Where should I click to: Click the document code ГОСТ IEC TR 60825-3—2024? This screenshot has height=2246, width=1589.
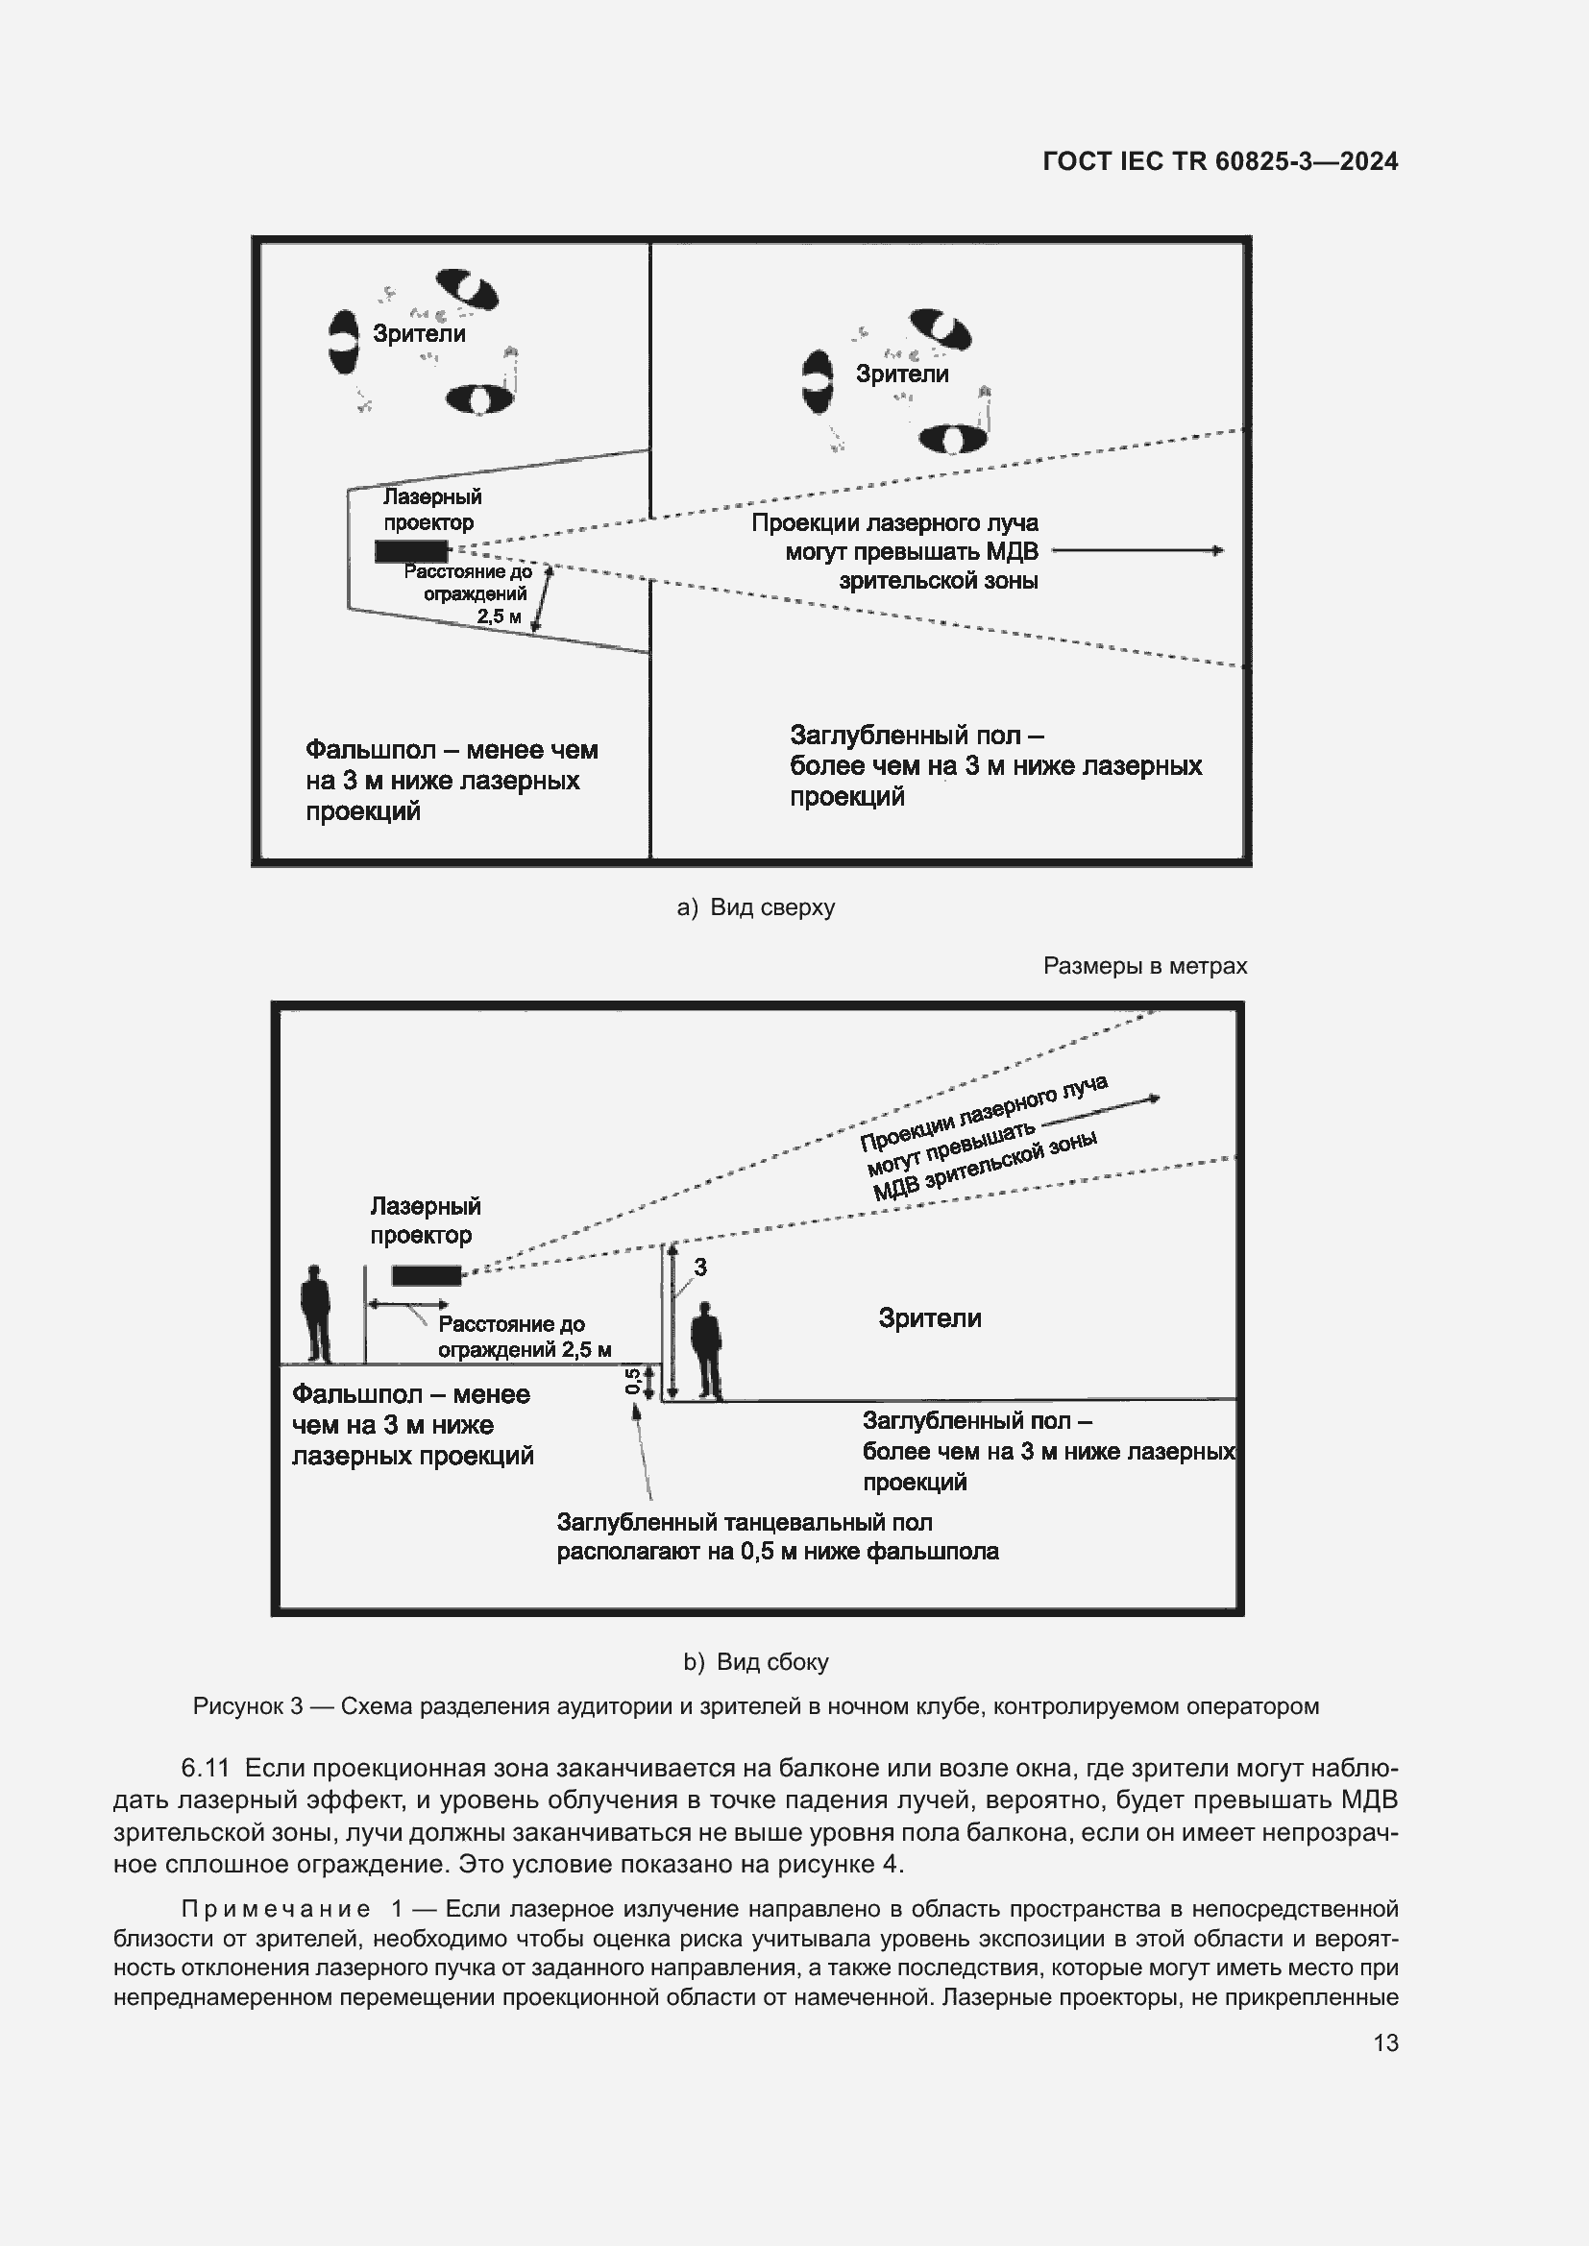[1220, 161]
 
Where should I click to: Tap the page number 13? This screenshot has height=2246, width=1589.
[1385, 2042]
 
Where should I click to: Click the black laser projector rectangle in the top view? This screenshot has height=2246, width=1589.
[411, 552]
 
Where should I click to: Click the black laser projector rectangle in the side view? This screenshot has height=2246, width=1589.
[426, 1275]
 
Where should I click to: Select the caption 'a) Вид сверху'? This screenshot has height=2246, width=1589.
[755, 907]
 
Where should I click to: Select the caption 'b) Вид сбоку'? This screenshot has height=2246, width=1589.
[755, 1662]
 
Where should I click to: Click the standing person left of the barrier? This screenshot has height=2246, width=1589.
[315, 1314]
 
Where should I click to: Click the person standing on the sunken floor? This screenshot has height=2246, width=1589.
[706, 1350]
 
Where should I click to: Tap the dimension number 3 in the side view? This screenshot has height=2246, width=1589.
[700, 1268]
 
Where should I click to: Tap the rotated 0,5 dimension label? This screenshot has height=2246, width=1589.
[633, 1381]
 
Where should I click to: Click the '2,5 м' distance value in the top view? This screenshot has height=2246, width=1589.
[499, 616]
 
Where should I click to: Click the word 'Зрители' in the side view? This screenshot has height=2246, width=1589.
[930, 1318]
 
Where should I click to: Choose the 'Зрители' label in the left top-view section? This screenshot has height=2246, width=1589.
[419, 333]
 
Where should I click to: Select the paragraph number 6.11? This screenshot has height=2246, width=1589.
[206, 1769]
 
